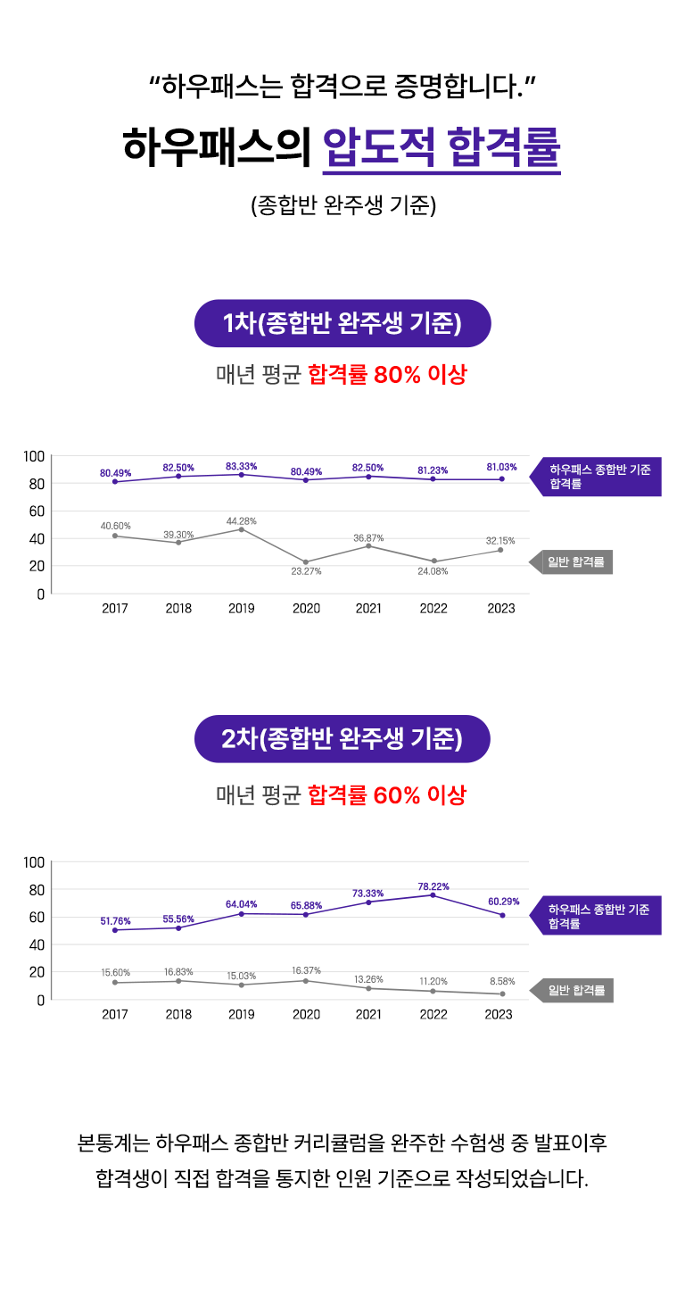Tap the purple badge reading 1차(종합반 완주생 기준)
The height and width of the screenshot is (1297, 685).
(x=342, y=323)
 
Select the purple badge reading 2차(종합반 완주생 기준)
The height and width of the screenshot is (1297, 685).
(x=342, y=739)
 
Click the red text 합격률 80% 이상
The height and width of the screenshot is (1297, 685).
(x=387, y=375)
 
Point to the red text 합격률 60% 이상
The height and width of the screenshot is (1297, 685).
(x=387, y=795)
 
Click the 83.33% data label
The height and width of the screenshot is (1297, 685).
(x=241, y=466)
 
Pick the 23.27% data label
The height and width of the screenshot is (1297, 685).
(x=306, y=571)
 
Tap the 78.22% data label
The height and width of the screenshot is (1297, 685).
(x=433, y=886)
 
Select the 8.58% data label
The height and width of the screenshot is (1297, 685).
(x=502, y=982)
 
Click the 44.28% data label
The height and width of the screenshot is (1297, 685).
(x=241, y=520)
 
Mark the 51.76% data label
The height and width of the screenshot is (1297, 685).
(x=115, y=920)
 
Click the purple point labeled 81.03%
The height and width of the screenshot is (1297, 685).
(x=502, y=479)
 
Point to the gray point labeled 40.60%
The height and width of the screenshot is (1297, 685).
(x=115, y=536)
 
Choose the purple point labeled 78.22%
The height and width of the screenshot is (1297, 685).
(x=433, y=895)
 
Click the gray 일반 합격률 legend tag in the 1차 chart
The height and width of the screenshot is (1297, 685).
(x=574, y=562)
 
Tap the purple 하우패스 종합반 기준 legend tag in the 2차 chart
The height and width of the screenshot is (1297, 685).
(x=598, y=917)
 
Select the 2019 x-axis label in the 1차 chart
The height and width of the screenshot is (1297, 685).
(x=241, y=609)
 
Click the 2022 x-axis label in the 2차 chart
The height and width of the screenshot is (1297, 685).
(x=433, y=1015)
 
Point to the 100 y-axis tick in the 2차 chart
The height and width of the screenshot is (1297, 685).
(x=34, y=862)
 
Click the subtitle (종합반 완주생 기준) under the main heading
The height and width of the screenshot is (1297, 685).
(x=342, y=206)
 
